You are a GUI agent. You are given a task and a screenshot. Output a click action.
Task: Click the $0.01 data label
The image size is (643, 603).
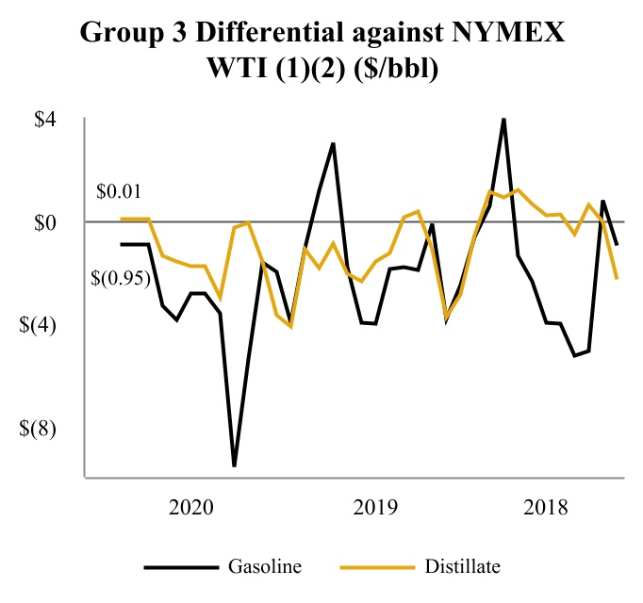119,192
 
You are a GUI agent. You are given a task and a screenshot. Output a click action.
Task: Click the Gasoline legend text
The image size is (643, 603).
265,566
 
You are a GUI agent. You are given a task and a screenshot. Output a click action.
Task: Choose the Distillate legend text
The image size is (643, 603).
462,566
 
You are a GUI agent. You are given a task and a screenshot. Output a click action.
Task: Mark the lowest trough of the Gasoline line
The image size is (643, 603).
234,465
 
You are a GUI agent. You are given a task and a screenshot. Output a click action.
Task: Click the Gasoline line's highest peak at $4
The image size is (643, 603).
503,120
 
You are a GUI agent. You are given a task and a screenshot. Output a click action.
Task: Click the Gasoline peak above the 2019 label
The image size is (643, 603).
334,144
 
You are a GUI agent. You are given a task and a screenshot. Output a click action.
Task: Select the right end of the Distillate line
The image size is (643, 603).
617,278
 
